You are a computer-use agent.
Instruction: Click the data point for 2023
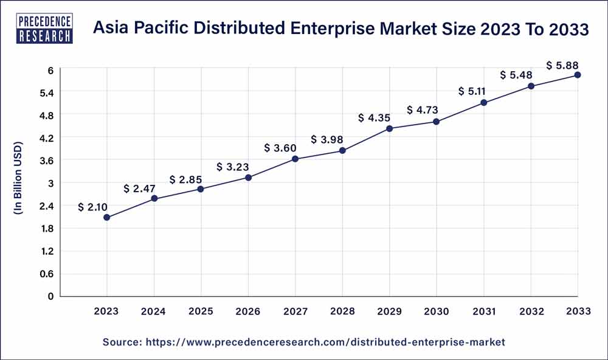pos(107,217)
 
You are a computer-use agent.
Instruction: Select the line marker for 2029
pos(389,128)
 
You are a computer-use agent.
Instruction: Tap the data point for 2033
pos(578,75)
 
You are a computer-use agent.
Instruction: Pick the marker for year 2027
pos(295,159)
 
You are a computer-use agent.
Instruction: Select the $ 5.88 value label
pos(562,64)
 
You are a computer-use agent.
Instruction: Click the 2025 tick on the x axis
pos(201,311)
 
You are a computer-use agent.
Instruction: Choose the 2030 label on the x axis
pos(436,311)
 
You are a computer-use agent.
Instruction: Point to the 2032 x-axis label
pos(530,311)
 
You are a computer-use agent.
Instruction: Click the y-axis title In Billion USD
pos(18,179)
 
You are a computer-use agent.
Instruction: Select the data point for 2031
pos(483,103)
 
